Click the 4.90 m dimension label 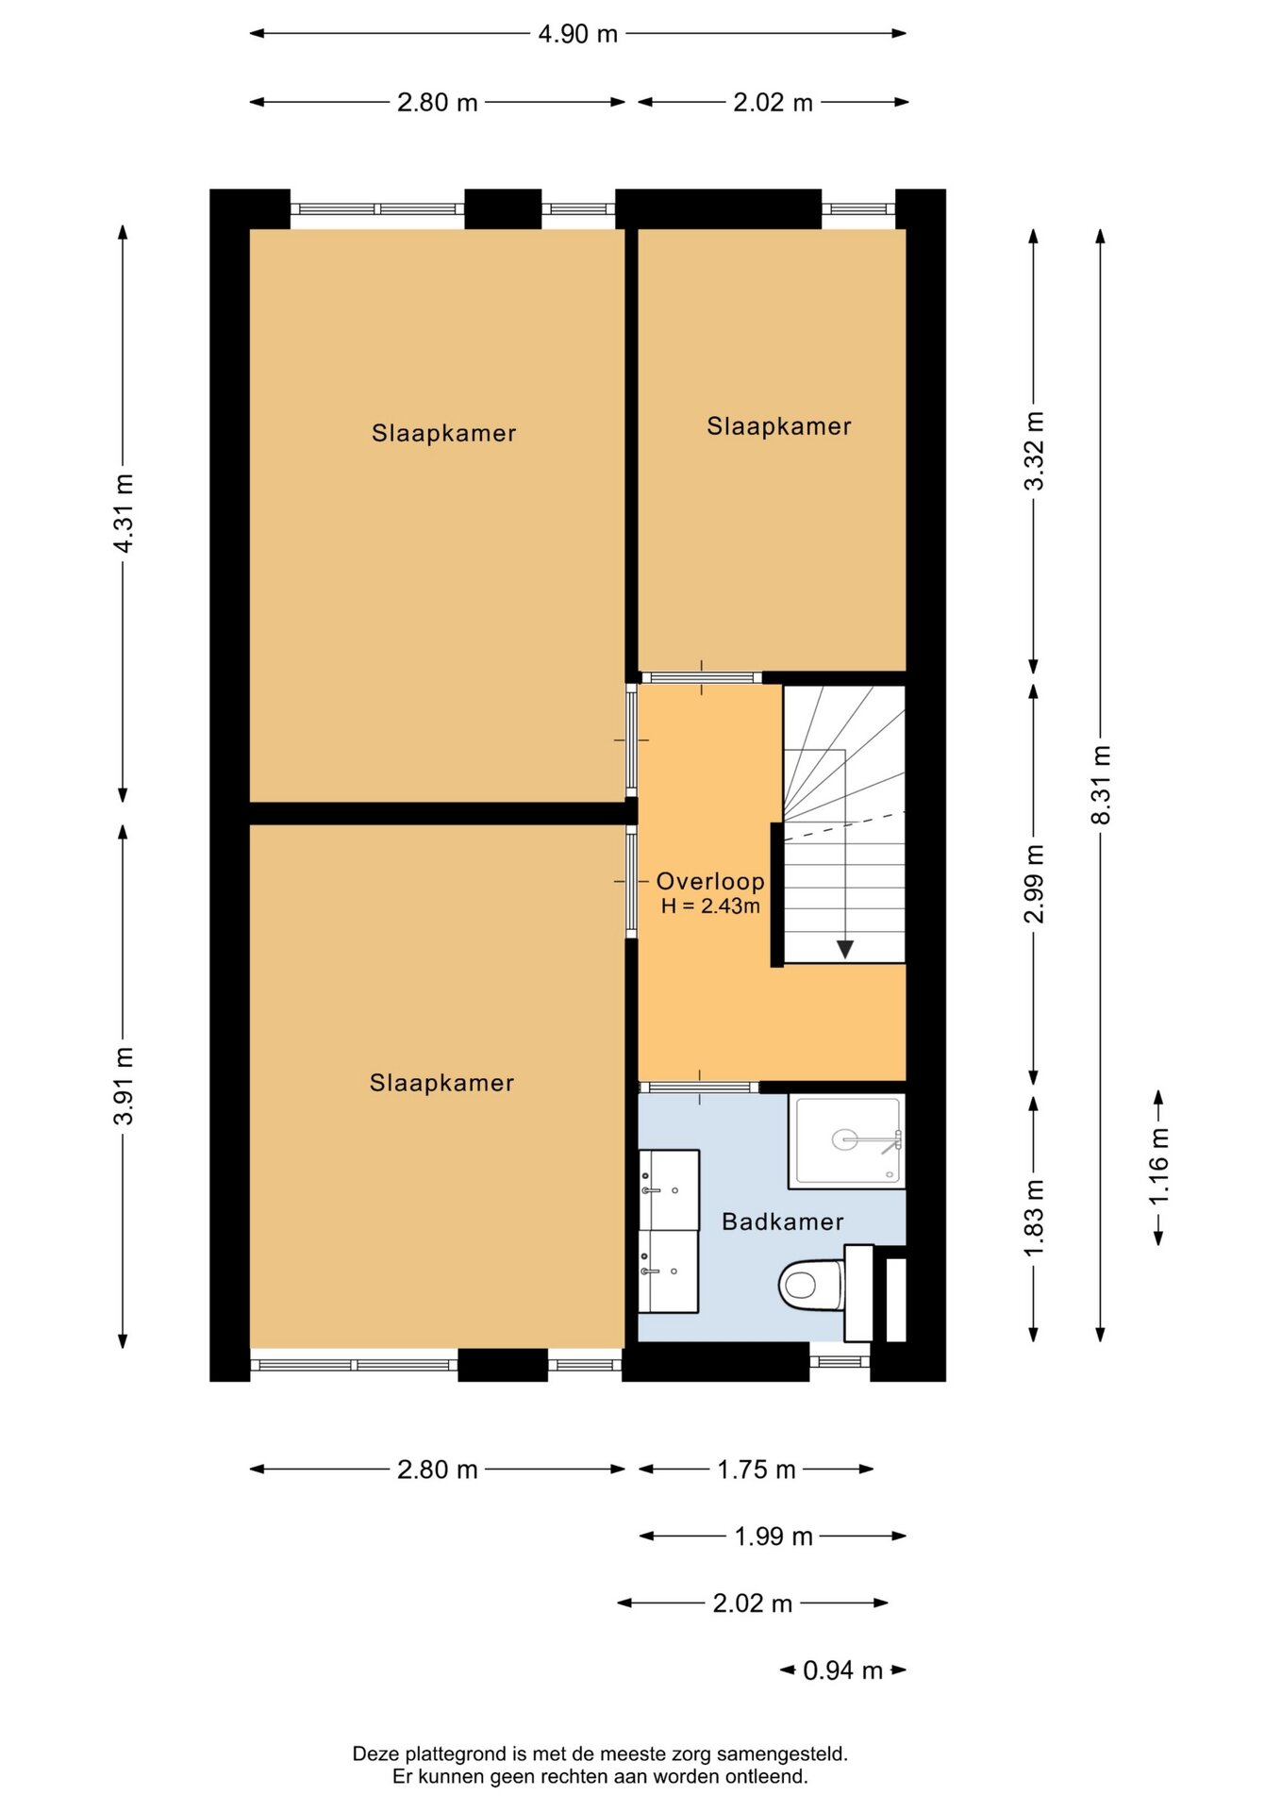coord(577,34)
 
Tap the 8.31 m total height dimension coord(1101,785)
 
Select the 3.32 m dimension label coord(1034,451)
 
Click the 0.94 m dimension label coord(842,1670)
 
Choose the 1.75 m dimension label coord(757,1470)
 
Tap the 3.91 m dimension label coord(123,1086)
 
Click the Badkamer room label coord(782,1221)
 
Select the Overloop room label coord(710,881)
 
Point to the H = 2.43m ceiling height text coord(710,906)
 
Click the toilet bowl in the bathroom coord(810,1284)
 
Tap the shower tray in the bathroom coord(847,1140)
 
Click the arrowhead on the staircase coord(845,949)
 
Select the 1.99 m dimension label coord(774,1537)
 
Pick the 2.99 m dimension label coord(1034,883)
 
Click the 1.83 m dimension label coord(1034,1218)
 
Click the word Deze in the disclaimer coord(376,1754)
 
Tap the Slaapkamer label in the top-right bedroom coord(779,426)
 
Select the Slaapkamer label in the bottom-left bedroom coord(441,1083)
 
